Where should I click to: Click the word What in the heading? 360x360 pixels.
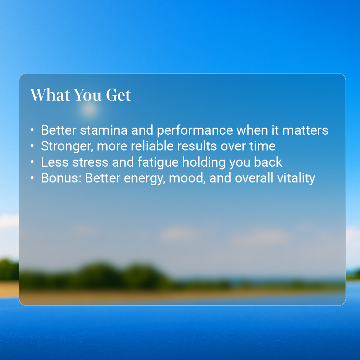point(50,95)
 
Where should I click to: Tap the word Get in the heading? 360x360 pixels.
point(118,95)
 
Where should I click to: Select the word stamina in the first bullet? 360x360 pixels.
point(104,130)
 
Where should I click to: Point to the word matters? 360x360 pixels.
point(305,130)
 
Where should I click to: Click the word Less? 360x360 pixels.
point(54,162)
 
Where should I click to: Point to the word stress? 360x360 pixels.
point(90,162)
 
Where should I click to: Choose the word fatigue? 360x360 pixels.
point(158,163)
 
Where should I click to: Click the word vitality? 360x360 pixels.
point(296,178)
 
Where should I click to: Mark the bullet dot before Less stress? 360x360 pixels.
point(32,162)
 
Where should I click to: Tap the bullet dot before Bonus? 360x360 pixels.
point(32,178)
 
